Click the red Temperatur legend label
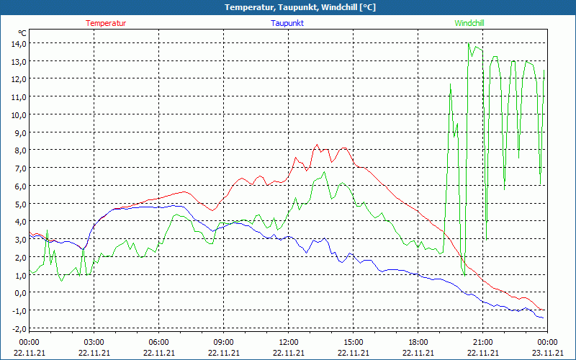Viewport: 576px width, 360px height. pyautogui.click(x=106, y=23)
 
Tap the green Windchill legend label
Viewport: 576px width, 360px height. pyautogui.click(x=469, y=23)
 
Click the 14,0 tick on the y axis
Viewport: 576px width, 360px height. pyautogui.click(x=18, y=43)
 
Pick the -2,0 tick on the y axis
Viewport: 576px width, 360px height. pyautogui.click(x=18, y=328)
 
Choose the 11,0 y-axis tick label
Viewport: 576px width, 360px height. pyautogui.click(x=18, y=96)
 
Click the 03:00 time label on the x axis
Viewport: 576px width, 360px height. pyautogui.click(x=94, y=342)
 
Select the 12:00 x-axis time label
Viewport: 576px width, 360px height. pyautogui.click(x=289, y=342)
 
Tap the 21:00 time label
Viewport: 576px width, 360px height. pyautogui.click(x=483, y=342)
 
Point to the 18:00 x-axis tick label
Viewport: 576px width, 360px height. pyautogui.click(x=418, y=342)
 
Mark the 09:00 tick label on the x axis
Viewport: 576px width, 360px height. pyautogui.click(x=224, y=342)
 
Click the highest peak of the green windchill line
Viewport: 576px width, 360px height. pyautogui.click(x=468, y=44)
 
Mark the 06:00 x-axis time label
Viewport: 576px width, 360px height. pyautogui.click(x=159, y=342)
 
